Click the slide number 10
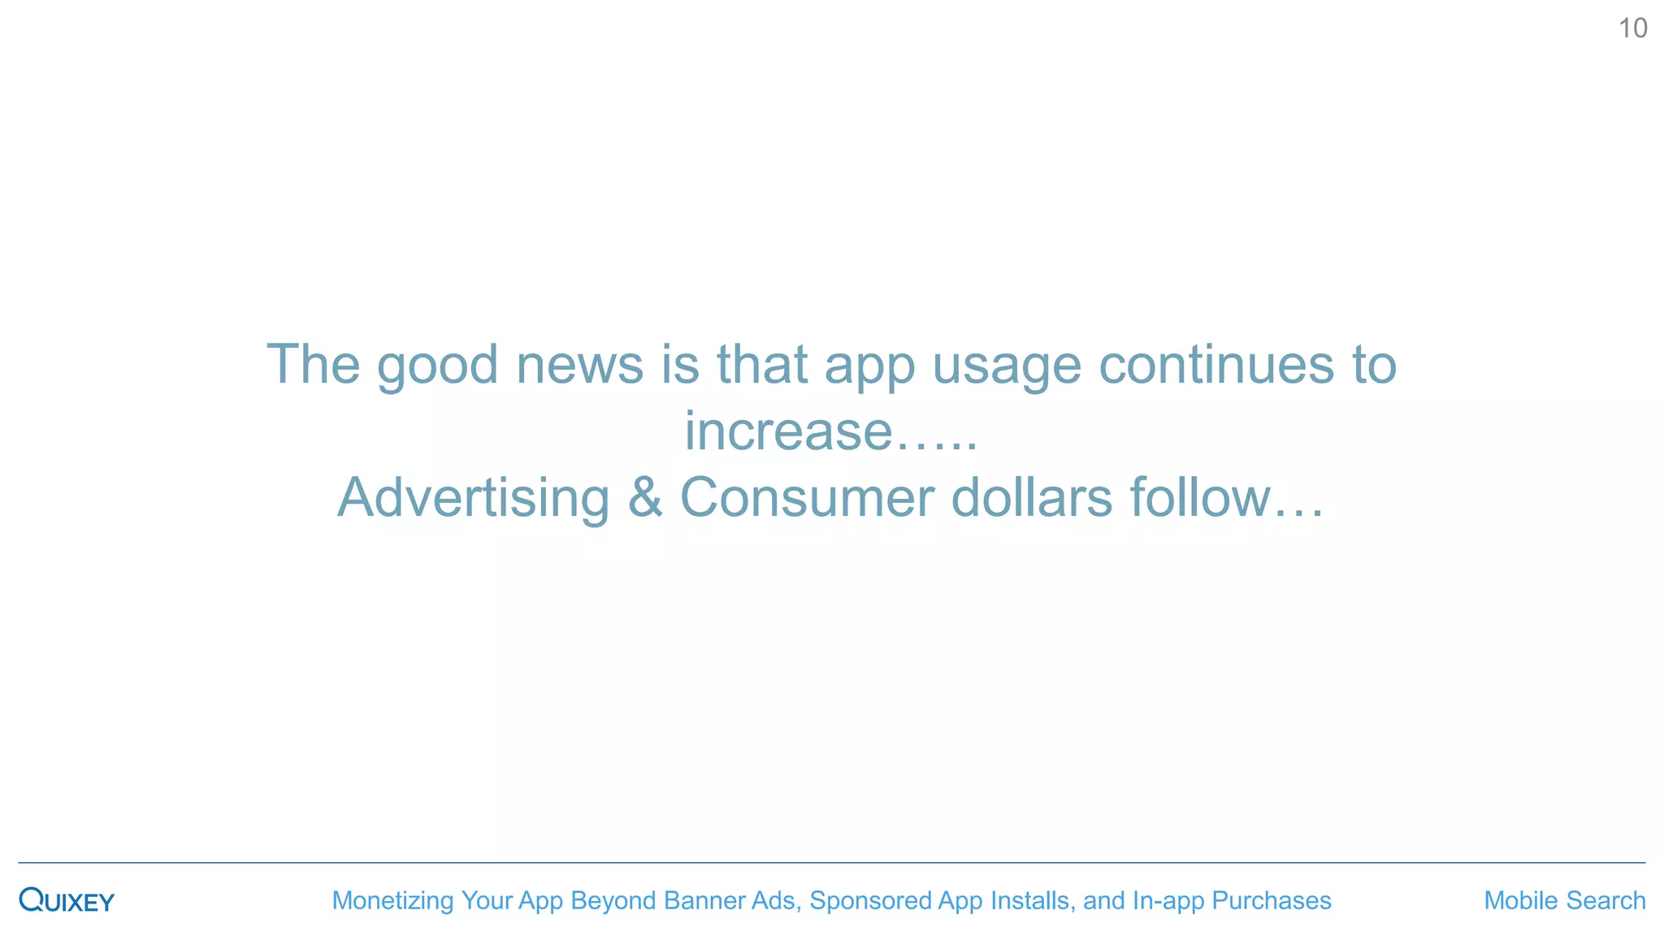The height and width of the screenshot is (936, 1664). (x=1632, y=28)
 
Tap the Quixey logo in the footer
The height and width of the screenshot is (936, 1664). (x=67, y=900)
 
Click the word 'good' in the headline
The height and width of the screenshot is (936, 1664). (x=437, y=365)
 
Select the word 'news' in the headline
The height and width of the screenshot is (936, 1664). (x=579, y=365)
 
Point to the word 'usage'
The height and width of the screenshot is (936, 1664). (x=1006, y=365)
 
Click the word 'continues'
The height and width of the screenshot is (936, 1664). (x=1215, y=365)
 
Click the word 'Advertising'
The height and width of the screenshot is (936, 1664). (x=473, y=497)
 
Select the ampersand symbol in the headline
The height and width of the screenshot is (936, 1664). (x=644, y=497)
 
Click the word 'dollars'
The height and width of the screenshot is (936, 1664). (x=1031, y=497)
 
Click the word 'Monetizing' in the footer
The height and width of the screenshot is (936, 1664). (x=392, y=900)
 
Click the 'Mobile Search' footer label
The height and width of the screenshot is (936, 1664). (x=1564, y=900)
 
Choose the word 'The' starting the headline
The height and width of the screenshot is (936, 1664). (x=313, y=365)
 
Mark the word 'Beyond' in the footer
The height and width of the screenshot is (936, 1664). (x=613, y=900)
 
